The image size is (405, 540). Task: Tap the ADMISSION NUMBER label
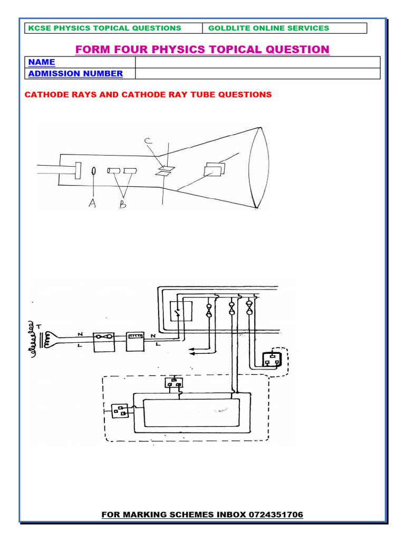pyautogui.click(x=75, y=74)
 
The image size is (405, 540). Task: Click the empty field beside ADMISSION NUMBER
pyautogui.click(x=257, y=74)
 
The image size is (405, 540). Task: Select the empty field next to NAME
pyautogui.click(x=257, y=62)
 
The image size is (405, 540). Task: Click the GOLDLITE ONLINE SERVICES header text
pyautogui.click(x=268, y=28)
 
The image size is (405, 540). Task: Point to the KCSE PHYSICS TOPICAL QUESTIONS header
pyautogui.click(x=104, y=28)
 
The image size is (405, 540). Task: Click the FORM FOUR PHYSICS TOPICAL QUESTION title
pyautogui.click(x=202, y=50)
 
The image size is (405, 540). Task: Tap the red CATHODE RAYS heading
pyautogui.click(x=148, y=95)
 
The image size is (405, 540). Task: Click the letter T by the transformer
pyautogui.click(x=38, y=326)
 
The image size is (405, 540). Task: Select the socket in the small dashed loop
pyautogui.click(x=271, y=359)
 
